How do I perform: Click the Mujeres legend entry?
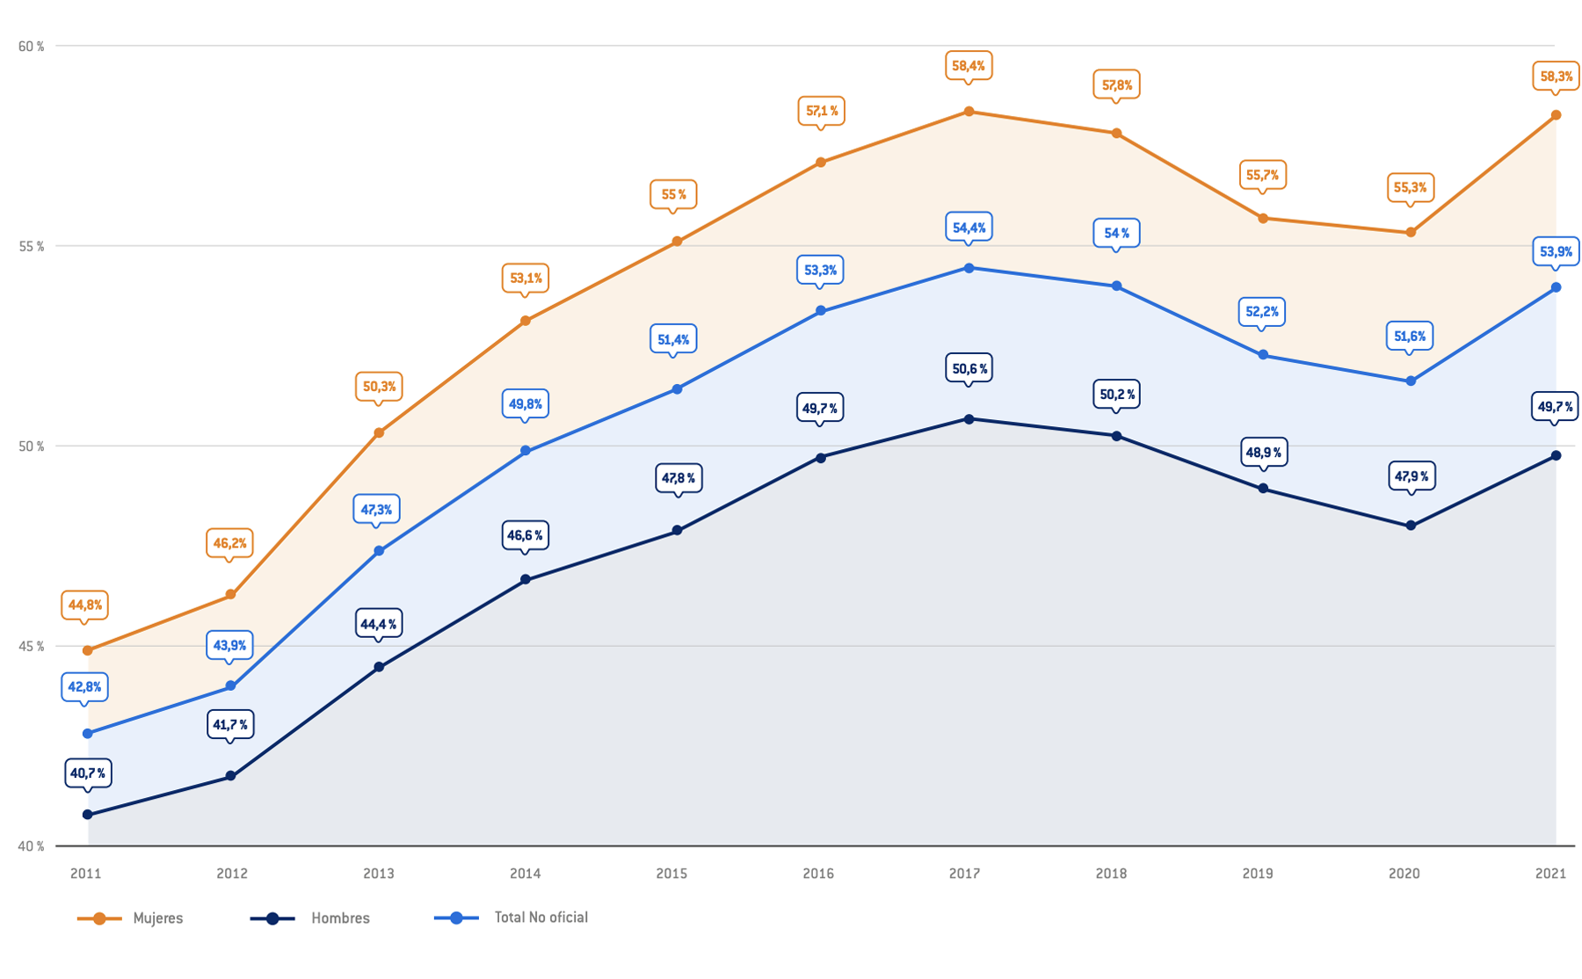click(x=132, y=918)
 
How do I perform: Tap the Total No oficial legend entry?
click(x=512, y=917)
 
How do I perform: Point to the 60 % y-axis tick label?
click(x=31, y=47)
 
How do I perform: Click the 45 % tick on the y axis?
click(x=31, y=647)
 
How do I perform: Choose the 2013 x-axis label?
click(x=379, y=874)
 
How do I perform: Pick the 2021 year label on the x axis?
click(x=1550, y=874)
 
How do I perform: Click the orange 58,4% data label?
click(x=969, y=66)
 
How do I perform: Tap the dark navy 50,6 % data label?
click(x=969, y=369)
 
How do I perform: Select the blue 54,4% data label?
click(x=969, y=228)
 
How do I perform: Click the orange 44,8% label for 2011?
click(x=85, y=606)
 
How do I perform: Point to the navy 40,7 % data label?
click(x=87, y=773)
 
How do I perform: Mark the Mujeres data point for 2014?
click(x=526, y=321)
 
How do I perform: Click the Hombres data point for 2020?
click(x=1411, y=526)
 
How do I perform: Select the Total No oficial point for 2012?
click(x=231, y=686)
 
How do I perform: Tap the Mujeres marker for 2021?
click(x=1556, y=115)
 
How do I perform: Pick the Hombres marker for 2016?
click(x=821, y=458)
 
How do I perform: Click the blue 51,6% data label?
click(x=1410, y=337)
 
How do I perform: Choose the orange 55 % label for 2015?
click(x=673, y=195)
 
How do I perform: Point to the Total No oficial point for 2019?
click(x=1263, y=355)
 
